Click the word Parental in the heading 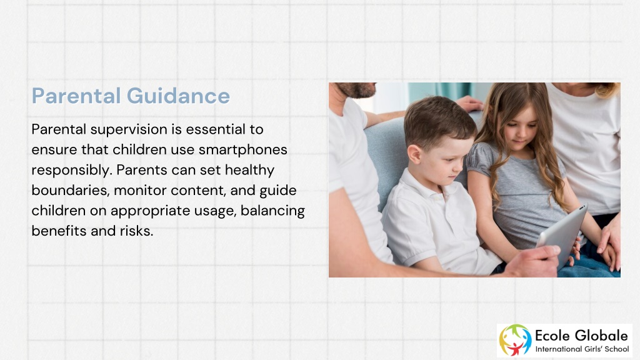[76, 96]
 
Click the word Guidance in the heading [178, 96]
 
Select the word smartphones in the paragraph [243, 150]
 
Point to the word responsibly [71, 170]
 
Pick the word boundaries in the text [71, 190]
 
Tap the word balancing [272, 211]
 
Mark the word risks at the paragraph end [136, 231]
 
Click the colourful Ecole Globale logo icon [515, 340]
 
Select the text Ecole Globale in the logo [581, 336]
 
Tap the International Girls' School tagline [582, 349]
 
